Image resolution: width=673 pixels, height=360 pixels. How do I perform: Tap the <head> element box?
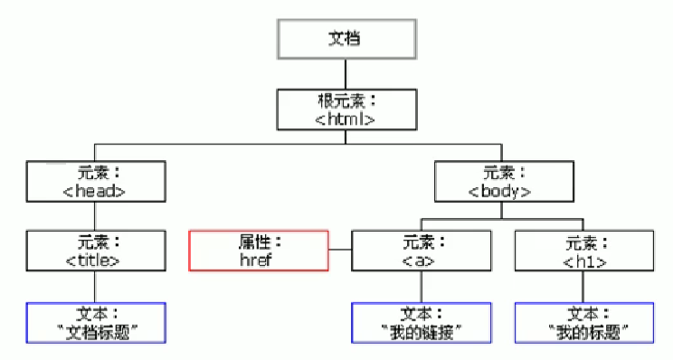click(95, 181)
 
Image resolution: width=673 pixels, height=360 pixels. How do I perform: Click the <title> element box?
click(95, 251)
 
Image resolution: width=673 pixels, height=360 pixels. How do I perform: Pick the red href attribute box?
click(258, 251)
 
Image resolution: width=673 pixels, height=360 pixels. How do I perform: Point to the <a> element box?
click(420, 251)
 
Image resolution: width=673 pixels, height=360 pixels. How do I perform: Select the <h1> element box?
click(583, 251)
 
